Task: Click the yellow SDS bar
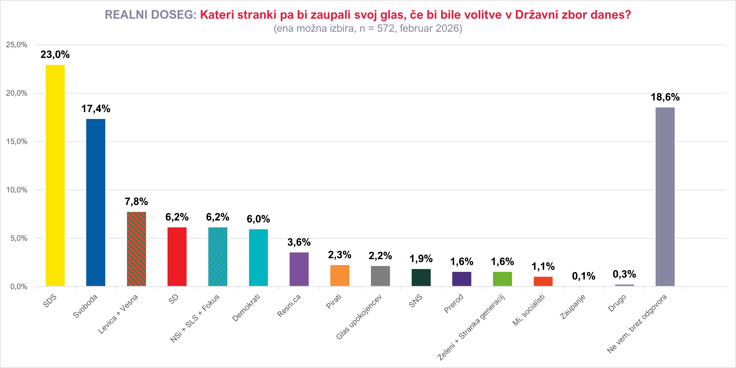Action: pyautogui.click(x=55, y=175)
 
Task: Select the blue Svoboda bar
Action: pyautogui.click(x=96, y=202)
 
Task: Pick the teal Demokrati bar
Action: pyautogui.click(x=258, y=258)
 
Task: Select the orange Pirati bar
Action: pyautogui.click(x=340, y=275)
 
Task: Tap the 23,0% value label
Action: pyautogui.click(x=55, y=54)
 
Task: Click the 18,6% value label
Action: pyautogui.click(x=665, y=97)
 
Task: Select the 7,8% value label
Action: pyautogui.click(x=136, y=202)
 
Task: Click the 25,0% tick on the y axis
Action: pyautogui.click(x=17, y=45)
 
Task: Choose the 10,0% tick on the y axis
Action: pyautogui.click(x=17, y=190)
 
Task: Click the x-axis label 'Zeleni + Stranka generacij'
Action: pyautogui.click(x=471, y=327)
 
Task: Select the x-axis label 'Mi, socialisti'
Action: pyautogui.click(x=529, y=310)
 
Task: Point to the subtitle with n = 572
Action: pyautogui.click(x=368, y=28)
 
